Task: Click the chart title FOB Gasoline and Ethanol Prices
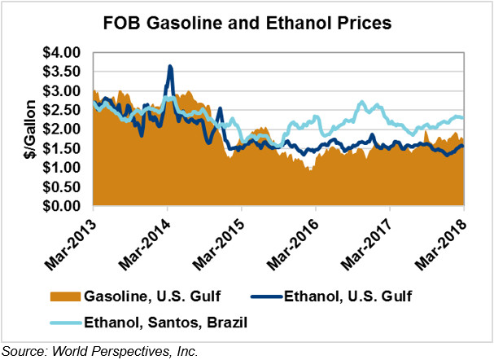247,23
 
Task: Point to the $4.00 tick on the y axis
61,53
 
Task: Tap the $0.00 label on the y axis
61,207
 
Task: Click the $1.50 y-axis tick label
61,149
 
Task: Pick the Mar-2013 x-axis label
72,243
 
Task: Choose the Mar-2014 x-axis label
146,243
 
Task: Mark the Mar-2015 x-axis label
221,243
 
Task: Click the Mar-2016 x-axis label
295,243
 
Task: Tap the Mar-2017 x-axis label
369,243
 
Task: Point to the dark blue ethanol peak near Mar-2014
169,67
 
